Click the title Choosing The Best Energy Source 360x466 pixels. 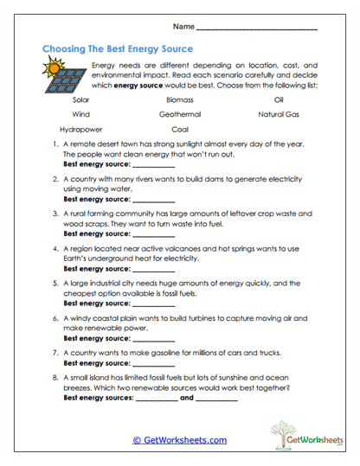[118, 49]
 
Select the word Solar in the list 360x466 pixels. [82, 99]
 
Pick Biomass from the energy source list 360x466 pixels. [179, 99]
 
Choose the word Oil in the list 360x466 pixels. [278, 99]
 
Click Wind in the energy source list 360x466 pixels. [81, 114]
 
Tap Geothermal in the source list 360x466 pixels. [180, 114]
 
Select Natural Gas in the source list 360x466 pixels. [278, 114]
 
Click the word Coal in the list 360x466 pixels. [180, 129]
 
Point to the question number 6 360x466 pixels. [56, 318]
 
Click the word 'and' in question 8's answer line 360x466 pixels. [186, 399]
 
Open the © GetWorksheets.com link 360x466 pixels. [180, 440]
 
